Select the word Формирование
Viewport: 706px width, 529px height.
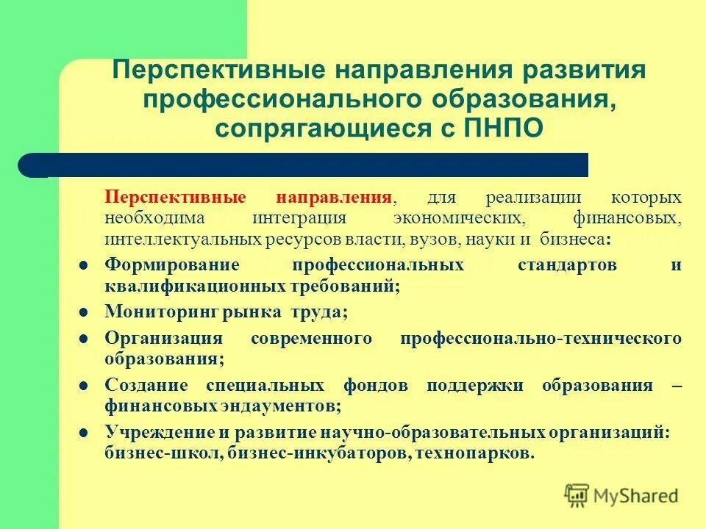[172, 265]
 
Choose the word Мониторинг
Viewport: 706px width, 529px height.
[163, 312]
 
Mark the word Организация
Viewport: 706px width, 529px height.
[163, 339]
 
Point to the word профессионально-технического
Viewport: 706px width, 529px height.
[541, 339]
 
